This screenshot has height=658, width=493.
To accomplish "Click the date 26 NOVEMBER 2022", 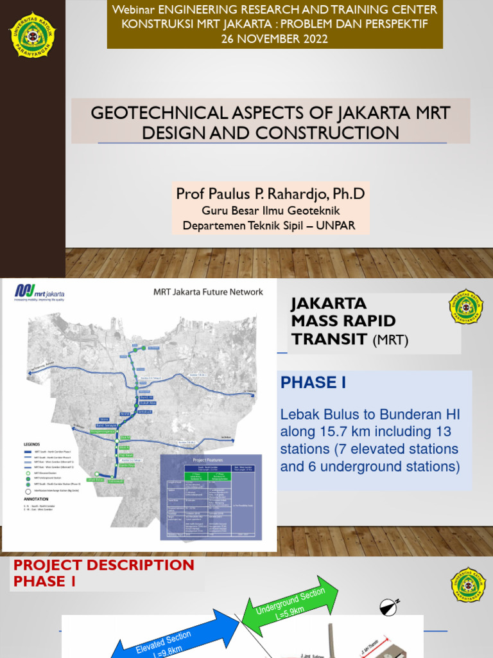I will pyautogui.click(x=274, y=39).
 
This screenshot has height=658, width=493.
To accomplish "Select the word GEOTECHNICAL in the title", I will pyautogui.click(x=158, y=113).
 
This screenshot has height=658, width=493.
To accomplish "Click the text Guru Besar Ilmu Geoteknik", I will pyautogui.click(x=270, y=210).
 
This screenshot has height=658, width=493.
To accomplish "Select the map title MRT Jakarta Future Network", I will pyautogui.click(x=208, y=292).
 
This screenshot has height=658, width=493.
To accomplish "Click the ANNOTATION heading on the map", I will pyautogui.click(x=38, y=498).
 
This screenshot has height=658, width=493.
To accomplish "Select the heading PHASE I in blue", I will pyautogui.click(x=313, y=383).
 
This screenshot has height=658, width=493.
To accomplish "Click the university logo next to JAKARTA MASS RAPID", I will pyautogui.click(x=466, y=307).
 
